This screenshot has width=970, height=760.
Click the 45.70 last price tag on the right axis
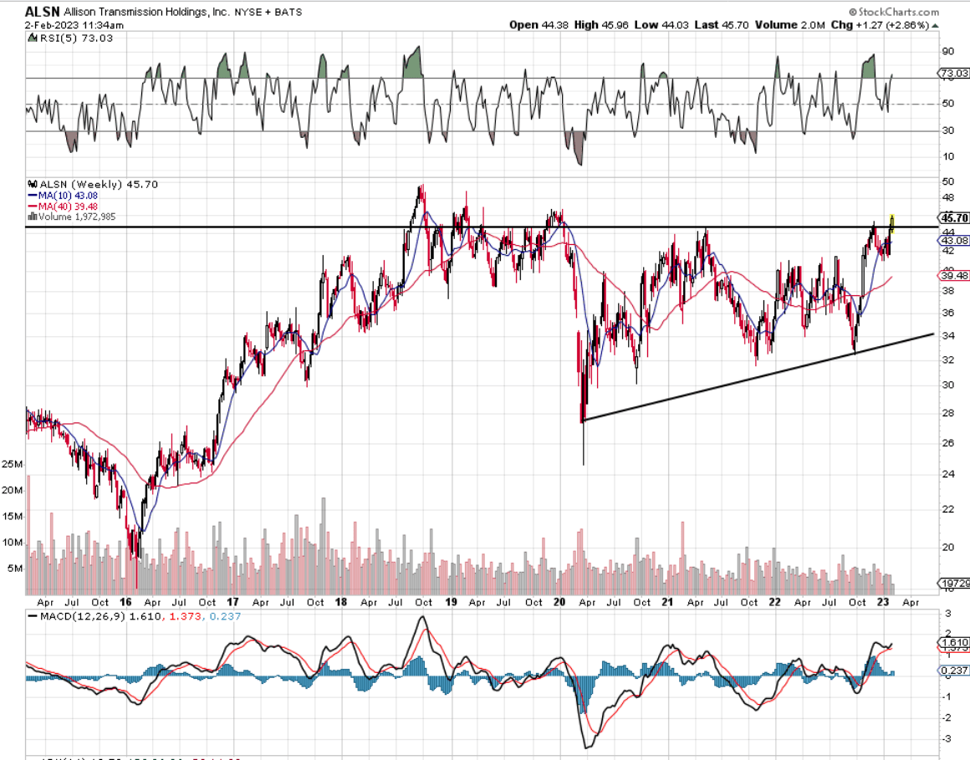(x=954, y=217)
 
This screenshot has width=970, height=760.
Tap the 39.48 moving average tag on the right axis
(x=954, y=275)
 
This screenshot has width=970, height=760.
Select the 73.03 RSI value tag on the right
(x=954, y=74)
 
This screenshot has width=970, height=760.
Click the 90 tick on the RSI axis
(x=948, y=51)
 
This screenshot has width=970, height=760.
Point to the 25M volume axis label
(x=12, y=464)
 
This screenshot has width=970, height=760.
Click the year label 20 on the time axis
(x=559, y=602)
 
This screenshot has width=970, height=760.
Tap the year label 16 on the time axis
(x=126, y=602)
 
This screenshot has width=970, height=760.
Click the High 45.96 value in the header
(x=598, y=25)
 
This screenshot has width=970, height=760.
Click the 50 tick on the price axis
(x=948, y=181)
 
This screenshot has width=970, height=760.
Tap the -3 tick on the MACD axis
(x=948, y=739)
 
